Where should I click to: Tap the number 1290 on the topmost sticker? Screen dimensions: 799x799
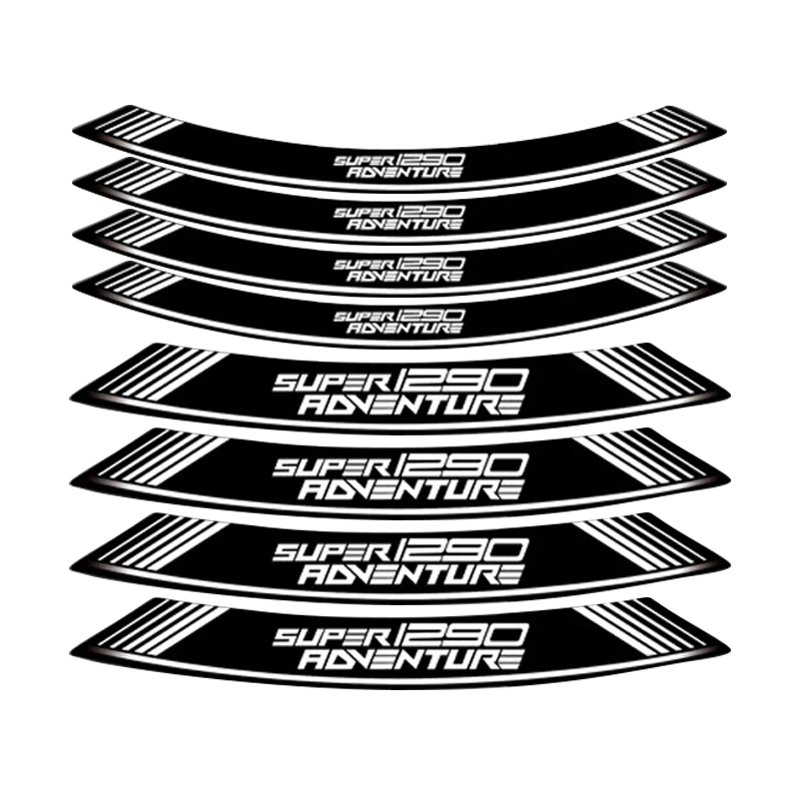[x=416, y=156]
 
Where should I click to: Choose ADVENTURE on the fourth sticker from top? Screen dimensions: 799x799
[x=400, y=327]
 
